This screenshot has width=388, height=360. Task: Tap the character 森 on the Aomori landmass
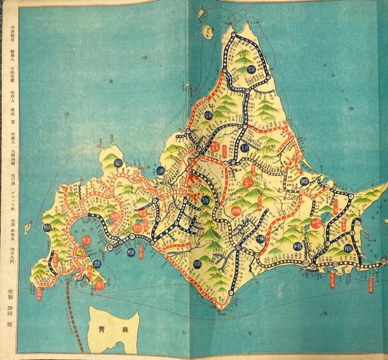click(121, 330)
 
